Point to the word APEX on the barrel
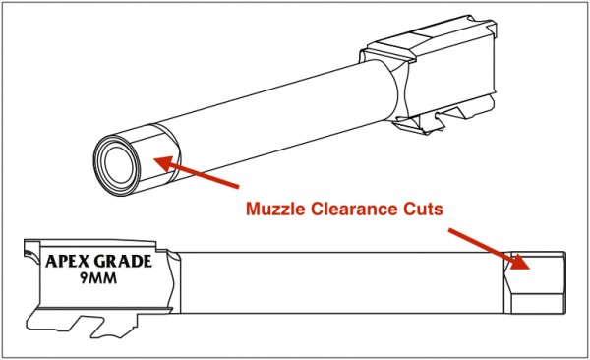pyautogui.click(x=67, y=263)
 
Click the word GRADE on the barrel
pyautogui.click(x=125, y=263)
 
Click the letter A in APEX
pyautogui.click(x=51, y=263)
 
